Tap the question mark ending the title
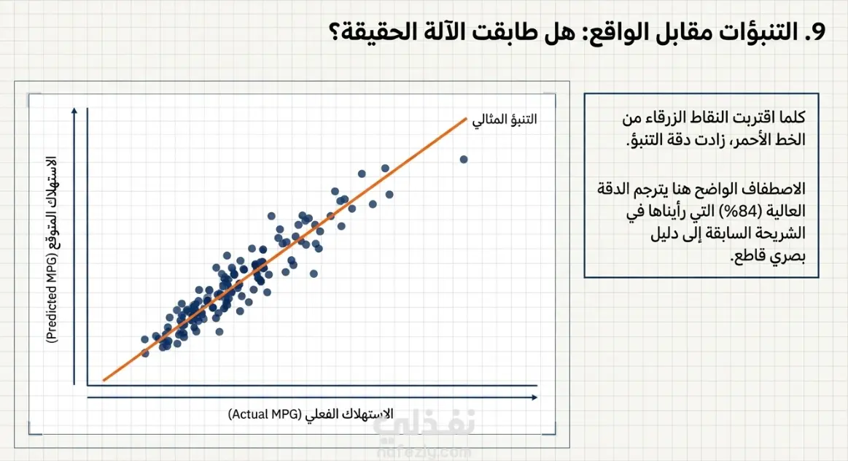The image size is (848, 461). [x=335, y=32]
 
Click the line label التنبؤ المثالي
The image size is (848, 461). [x=505, y=119]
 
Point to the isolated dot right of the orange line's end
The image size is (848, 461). [x=464, y=159]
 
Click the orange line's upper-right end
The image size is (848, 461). [x=466, y=118]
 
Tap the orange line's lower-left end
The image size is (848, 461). [x=104, y=380]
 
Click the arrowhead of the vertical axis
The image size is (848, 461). [x=74, y=111]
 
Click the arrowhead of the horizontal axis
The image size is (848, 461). [x=534, y=398]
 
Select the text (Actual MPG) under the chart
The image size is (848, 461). [x=265, y=414]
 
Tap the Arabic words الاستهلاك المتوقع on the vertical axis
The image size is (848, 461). [x=52, y=203]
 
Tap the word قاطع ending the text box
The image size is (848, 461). [x=747, y=257]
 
